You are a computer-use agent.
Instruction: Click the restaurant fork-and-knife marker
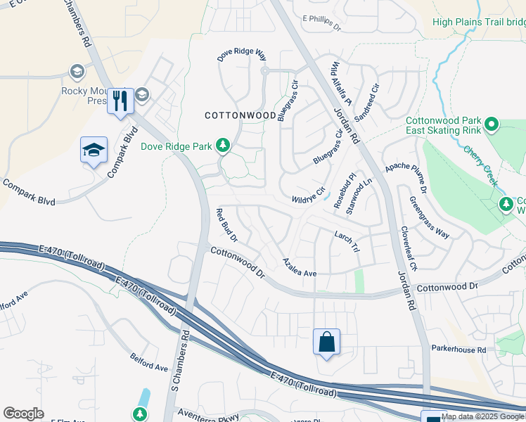click(120, 101)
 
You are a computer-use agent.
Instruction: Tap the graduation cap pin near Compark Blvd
click(94, 150)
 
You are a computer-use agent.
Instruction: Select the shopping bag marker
click(326, 343)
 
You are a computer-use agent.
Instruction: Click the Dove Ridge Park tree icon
click(223, 146)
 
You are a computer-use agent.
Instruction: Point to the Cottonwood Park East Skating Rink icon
click(492, 125)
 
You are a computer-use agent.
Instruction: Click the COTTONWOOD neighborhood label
click(240, 115)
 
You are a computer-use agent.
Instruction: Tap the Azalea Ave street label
click(300, 267)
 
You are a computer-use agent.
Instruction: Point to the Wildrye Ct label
click(309, 196)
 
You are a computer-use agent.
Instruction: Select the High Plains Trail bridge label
click(478, 22)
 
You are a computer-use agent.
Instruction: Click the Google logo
click(23, 414)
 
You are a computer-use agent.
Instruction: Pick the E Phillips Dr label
click(321, 23)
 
